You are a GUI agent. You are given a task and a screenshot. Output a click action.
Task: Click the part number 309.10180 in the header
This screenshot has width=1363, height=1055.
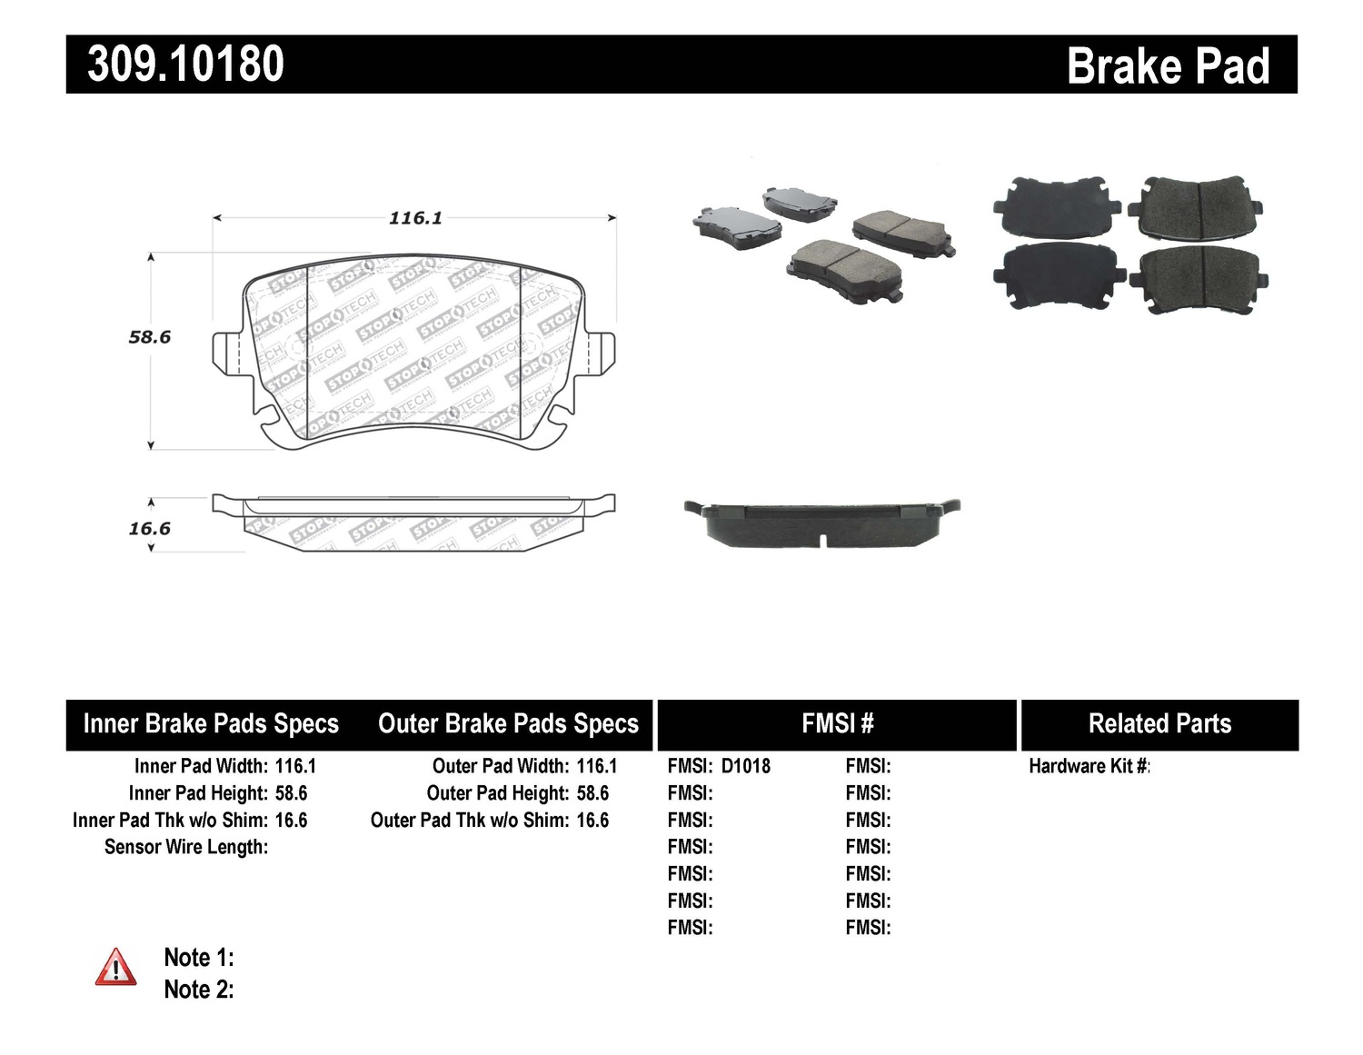pos(185,65)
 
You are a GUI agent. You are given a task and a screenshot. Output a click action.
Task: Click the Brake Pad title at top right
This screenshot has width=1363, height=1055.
pos(1167,66)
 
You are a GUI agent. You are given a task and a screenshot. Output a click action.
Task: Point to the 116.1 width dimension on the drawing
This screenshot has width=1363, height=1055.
pos(415,218)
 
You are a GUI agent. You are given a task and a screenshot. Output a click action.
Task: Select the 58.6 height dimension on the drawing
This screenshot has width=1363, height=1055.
pos(150,337)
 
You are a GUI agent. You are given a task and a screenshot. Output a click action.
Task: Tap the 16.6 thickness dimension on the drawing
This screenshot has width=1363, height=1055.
pos(150,529)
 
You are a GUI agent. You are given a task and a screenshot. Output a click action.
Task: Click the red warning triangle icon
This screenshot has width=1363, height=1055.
pos(115,968)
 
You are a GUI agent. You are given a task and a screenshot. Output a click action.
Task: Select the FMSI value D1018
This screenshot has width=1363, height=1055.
pos(745,766)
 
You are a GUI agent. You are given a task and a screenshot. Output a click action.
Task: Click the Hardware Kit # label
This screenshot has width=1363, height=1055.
pos(1089,766)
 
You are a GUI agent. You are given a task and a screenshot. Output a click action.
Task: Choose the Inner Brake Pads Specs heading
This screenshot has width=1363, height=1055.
pos(211,724)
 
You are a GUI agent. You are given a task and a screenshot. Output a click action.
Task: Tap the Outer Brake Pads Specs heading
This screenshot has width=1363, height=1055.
pos(508,724)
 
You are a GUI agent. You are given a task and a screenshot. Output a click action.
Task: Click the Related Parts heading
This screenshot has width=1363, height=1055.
pos(1159,724)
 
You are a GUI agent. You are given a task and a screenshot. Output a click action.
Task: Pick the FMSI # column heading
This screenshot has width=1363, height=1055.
pos(837,724)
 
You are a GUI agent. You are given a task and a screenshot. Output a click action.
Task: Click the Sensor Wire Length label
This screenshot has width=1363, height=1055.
pos(186,847)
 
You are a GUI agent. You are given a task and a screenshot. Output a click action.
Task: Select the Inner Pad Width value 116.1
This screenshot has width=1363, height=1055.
pos(295,766)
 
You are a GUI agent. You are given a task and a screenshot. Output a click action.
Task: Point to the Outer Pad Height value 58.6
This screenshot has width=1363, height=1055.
pos(592,793)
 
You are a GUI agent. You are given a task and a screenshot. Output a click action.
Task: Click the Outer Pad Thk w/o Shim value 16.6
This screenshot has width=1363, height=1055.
pos(592,821)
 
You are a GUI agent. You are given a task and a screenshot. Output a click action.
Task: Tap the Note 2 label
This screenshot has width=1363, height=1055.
pos(198,990)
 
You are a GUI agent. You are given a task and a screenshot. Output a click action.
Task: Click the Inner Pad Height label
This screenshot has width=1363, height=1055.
pos(198,793)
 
